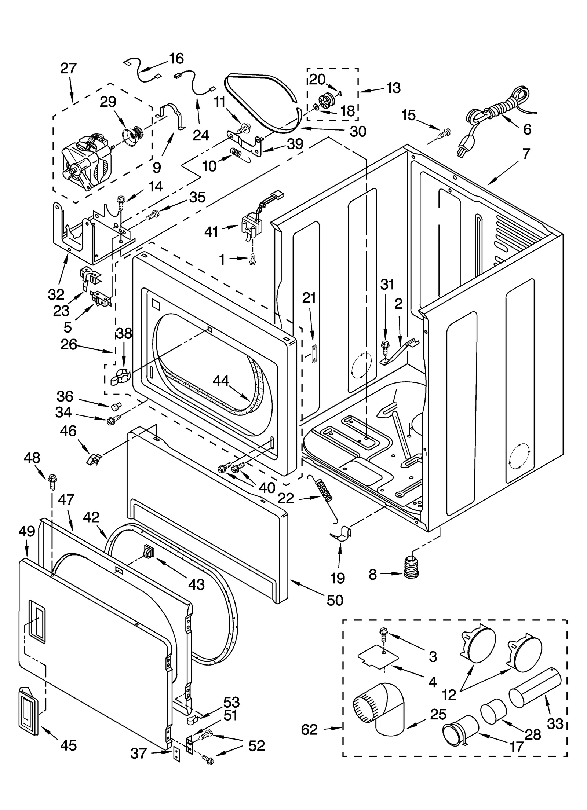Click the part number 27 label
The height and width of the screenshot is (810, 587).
click(69, 69)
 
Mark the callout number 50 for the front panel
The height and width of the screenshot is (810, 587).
click(335, 600)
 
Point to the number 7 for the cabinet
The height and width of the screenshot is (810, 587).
click(526, 154)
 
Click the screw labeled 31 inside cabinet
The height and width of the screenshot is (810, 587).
click(385, 346)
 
